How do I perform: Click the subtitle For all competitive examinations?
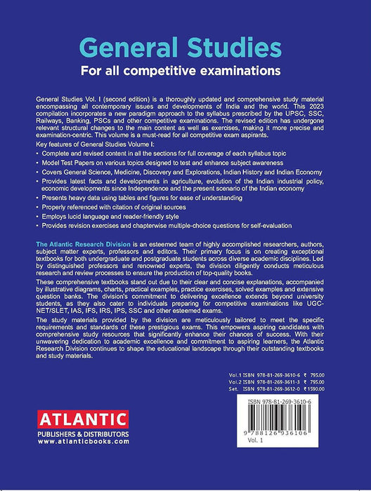click(x=185, y=72)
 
